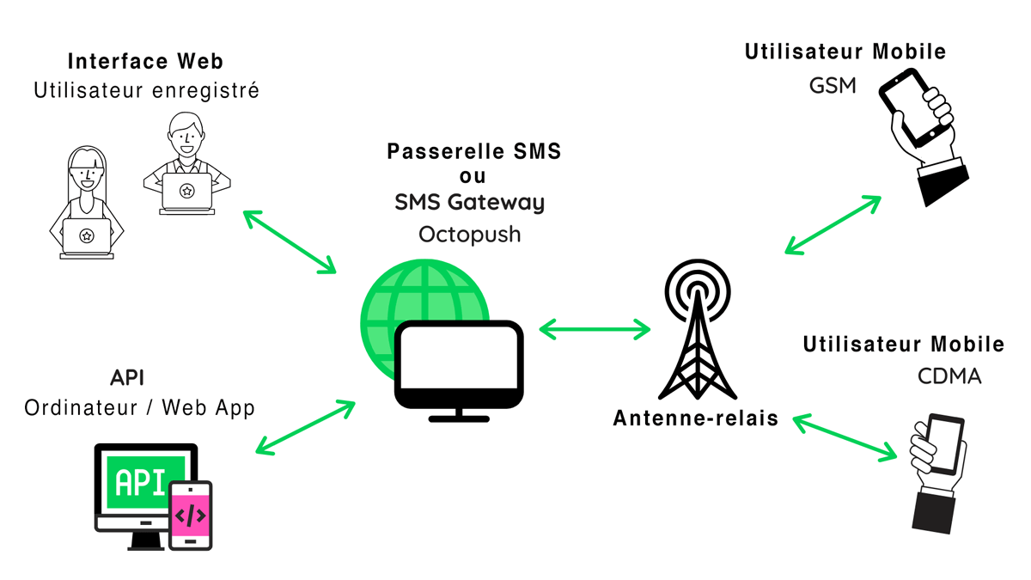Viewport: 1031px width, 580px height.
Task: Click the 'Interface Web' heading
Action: (x=145, y=61)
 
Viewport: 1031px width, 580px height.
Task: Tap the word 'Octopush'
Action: (x=469, y=234)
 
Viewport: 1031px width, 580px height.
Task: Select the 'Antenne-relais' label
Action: (x=695, y=418)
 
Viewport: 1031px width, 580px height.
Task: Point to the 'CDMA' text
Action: (x=949, y=376)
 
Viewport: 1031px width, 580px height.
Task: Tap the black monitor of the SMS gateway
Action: (x=459, y=365)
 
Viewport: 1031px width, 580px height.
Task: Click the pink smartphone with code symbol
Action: (x=190, y=515)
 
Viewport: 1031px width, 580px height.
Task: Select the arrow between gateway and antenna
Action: (x=595, y=327)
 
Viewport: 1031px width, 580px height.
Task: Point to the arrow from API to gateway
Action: (x=305, y=426)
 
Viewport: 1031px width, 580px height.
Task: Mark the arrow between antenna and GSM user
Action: (x=833, y=225)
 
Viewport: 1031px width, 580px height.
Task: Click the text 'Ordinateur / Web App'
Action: (x=140, y=407)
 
